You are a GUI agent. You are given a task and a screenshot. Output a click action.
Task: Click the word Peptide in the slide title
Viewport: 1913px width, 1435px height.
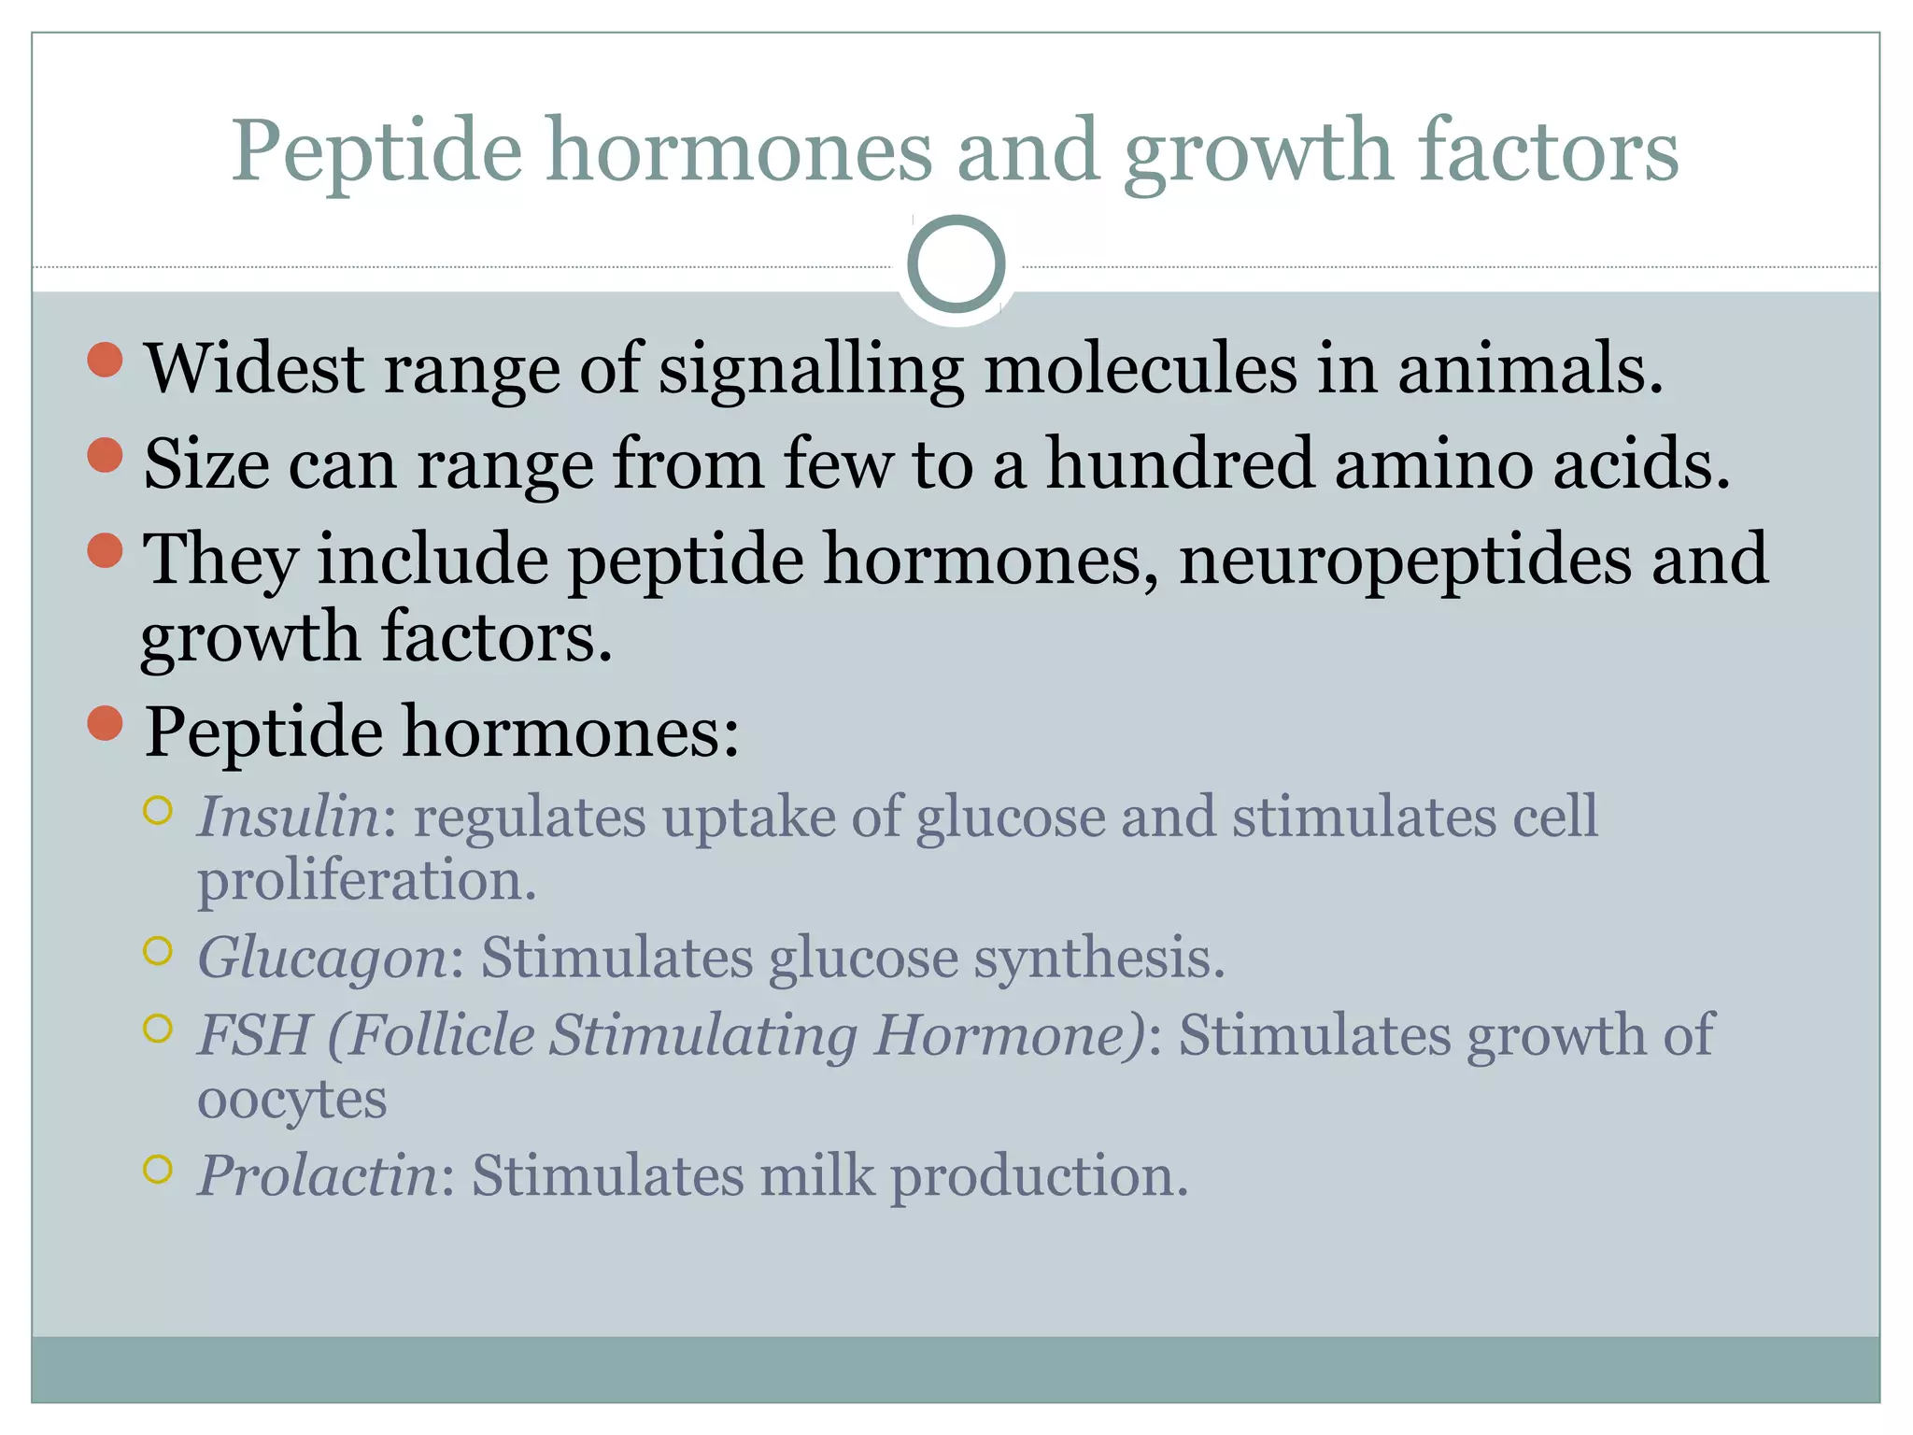point(376,151)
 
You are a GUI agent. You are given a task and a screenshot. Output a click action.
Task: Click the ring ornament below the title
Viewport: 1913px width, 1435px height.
point(956,264)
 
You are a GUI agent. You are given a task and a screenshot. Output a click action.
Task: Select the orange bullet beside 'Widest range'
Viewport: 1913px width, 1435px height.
point(106,360)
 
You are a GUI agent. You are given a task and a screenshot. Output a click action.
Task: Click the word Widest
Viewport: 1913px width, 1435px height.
point(253,368)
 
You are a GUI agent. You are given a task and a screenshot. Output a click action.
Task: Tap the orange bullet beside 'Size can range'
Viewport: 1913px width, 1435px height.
point(106,455)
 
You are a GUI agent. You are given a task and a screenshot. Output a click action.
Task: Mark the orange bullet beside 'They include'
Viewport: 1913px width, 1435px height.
point(106,550)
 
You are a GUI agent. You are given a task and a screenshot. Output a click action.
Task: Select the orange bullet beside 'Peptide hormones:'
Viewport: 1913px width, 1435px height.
point(106,723)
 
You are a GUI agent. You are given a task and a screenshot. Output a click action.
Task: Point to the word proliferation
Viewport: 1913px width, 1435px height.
point(367,880)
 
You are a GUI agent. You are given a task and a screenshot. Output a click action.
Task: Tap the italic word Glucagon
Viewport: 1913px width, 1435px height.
point(323,959)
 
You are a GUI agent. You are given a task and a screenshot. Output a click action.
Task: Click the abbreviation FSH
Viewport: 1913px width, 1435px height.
point(254,1035)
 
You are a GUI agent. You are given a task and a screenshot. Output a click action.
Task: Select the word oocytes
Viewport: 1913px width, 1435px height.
point(291,1099)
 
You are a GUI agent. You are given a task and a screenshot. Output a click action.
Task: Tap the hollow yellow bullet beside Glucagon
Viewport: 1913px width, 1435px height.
point(158,951)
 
